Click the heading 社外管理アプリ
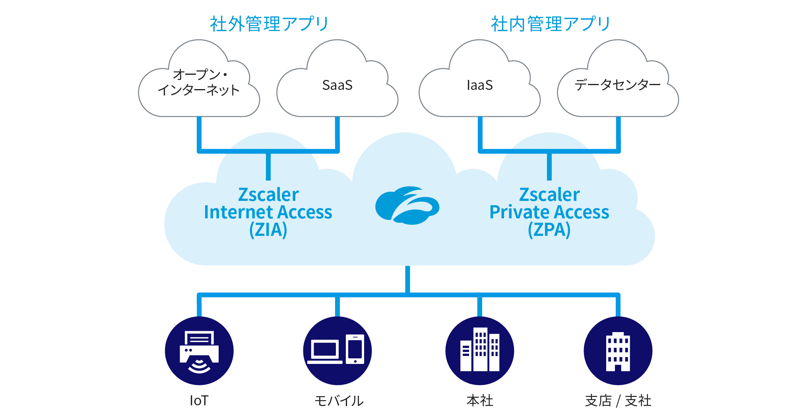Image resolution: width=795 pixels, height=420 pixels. coord(269,24)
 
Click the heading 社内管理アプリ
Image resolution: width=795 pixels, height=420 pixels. coord(550,24)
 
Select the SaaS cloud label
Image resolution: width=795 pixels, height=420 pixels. coord(337,85)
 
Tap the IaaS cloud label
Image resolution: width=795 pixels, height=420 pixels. coord(479,85)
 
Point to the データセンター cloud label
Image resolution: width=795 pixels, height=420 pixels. coord(617,85)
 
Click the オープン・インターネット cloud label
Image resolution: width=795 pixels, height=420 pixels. coord(198,82)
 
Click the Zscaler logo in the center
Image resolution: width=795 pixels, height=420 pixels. coord(407,205)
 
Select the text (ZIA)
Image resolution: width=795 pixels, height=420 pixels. coord(268,230)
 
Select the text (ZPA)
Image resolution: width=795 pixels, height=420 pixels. coord(549,230)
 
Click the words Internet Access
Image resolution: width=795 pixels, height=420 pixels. coord(268,212)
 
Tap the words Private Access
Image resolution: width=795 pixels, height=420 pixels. coord(549,212)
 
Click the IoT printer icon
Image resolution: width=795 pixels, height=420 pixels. coord(199,351)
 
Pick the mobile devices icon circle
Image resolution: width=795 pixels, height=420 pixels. coord(337,351)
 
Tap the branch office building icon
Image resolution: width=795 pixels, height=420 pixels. coord(618,351)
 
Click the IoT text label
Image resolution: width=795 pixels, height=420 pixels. coord(199,401)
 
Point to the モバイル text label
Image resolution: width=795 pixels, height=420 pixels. coord(339,401)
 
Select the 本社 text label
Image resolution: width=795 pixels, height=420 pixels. coord(479,401)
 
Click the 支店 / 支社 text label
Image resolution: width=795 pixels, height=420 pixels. coord(618,401)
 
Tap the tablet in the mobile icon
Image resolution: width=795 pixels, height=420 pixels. coord(355,349)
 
